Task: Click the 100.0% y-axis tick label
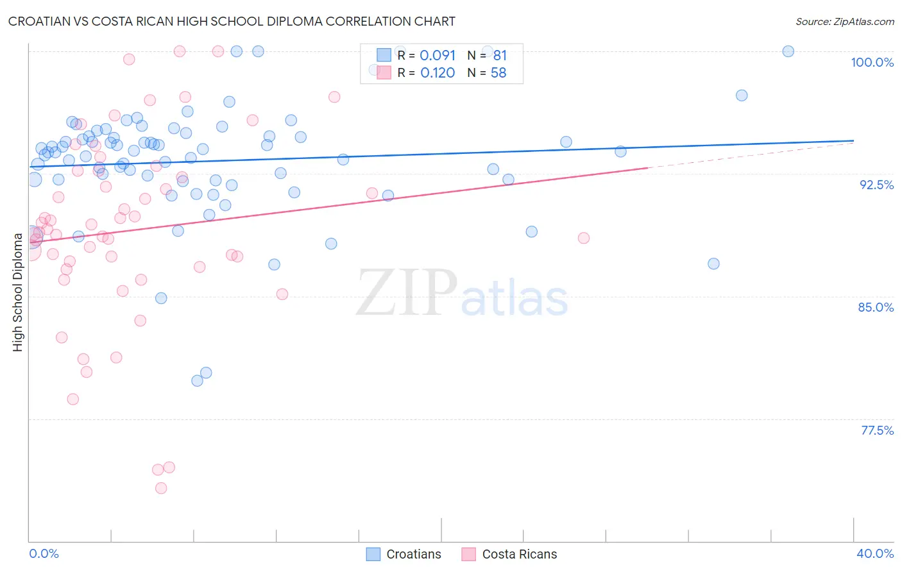872,62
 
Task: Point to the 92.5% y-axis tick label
876,185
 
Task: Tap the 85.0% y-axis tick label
876,307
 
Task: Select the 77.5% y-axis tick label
877,430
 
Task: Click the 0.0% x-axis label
44,553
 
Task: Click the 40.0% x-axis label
874,553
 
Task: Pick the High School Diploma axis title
18,292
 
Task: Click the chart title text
232,21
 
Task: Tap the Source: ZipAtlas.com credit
844,21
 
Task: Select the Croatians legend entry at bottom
404,554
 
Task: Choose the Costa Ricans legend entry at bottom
509,554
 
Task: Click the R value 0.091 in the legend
438,56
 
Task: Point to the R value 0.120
438,73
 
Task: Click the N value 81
500,56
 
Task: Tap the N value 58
498,73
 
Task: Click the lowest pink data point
161,488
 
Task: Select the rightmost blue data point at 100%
788,51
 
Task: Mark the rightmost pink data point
583,238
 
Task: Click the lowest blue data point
198,381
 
